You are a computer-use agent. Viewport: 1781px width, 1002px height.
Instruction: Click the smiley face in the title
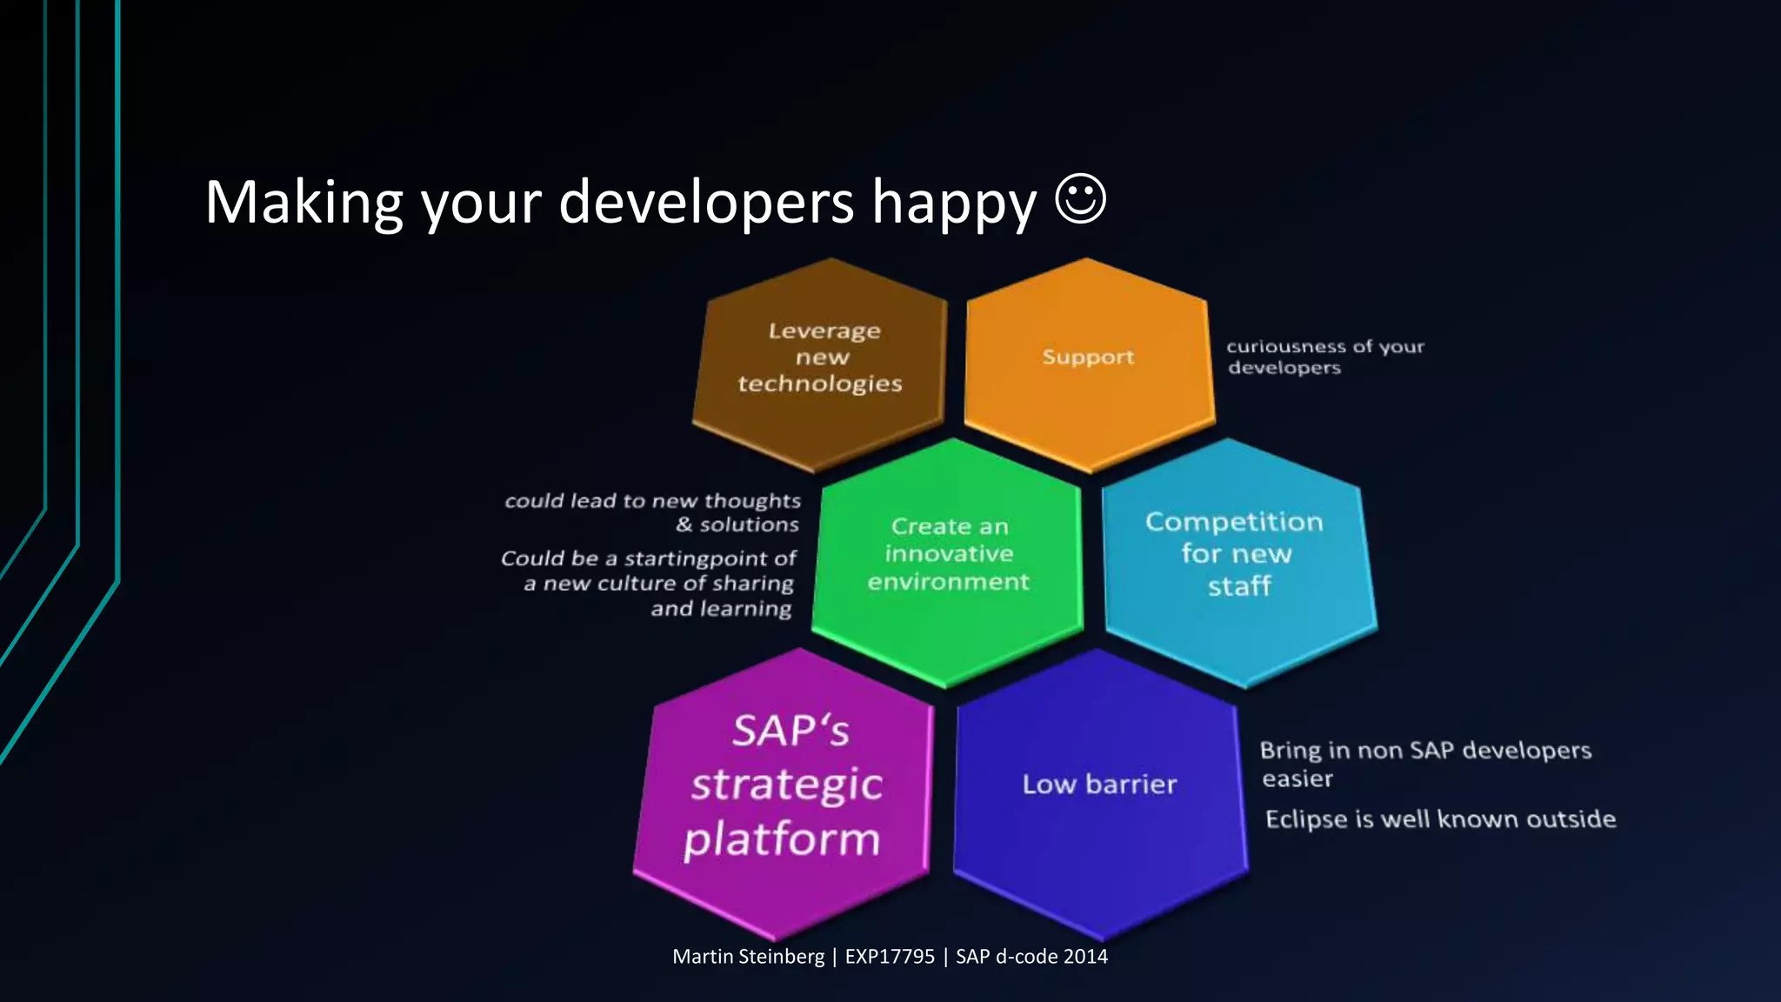[x=1080, y=199]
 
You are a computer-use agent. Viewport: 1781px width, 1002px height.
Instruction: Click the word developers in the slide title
[x=706, y=203]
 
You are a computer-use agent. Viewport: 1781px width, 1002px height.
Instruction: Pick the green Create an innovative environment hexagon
[x=948, y=561]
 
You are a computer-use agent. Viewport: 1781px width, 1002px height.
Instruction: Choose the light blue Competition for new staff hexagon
[x=1237, y=561]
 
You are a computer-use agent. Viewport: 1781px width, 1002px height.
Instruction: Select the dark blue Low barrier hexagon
[x=1099, y=792]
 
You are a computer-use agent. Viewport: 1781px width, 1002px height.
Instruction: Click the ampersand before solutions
[x=684, y=524]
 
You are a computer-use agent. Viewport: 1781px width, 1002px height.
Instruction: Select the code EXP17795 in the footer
[x=890, y=957]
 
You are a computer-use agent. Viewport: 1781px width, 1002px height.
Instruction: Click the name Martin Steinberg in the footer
[x=748, y=957]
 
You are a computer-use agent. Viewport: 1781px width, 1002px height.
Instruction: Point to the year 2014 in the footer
[x=1085, y=957]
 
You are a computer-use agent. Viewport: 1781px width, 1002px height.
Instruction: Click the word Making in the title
[x=304, y=203]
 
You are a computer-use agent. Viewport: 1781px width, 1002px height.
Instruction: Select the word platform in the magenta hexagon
[x=782, y=840]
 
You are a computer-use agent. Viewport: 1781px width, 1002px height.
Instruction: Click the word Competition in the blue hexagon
[x=1234, y=522]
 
